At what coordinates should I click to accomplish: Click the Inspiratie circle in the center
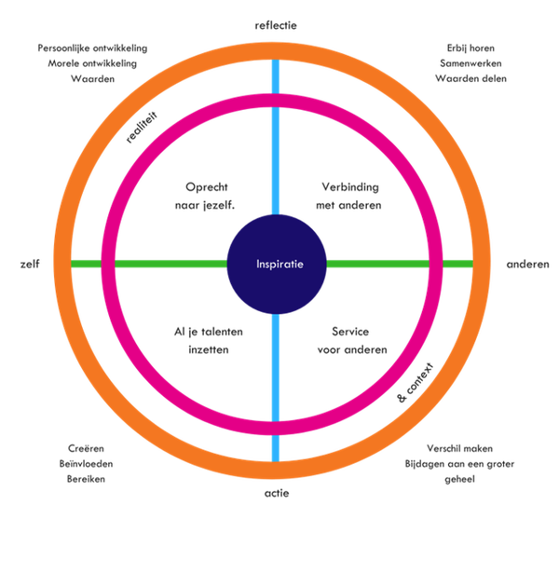point(277,264)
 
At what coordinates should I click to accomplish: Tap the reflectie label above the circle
point(275,25)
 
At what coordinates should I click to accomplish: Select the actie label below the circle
point(276,493)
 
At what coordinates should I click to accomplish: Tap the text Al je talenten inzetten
point(209,340)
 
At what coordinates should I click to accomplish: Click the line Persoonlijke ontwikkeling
point(93,47)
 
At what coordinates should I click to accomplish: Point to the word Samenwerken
point(470,62)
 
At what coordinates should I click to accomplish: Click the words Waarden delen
point(470,78)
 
